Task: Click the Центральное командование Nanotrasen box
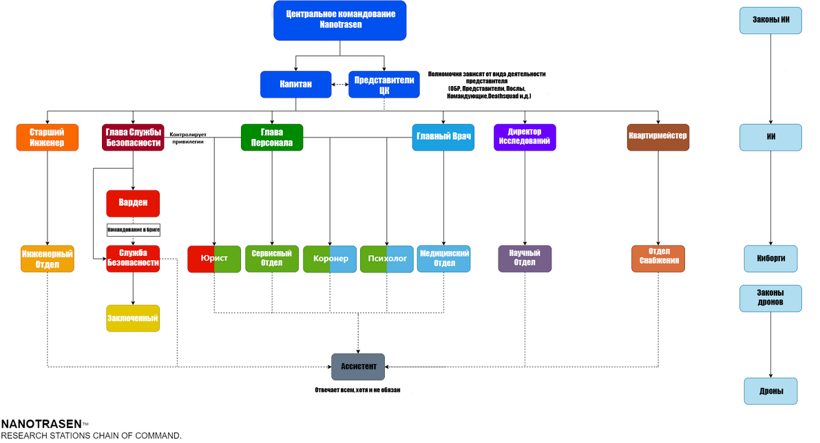click(340, 21)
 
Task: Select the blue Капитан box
click(295, 85)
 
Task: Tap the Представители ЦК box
click(384, 85)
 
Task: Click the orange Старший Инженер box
click(47, 138)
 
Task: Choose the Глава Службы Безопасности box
click(134, 138)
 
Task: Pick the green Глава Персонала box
click(272, 138)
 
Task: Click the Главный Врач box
click(443, 137)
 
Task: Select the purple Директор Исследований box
click(525, 137)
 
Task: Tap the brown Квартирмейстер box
click(658, 137)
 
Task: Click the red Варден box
click(133, 204)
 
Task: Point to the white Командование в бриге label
click(133, 230)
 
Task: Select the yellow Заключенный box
click(133, 318)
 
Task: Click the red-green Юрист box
click(214, 259)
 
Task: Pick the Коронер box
click(330, 259)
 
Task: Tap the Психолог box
click(387, 259)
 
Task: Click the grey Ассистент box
click(358, 367)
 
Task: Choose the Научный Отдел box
click(525, 258)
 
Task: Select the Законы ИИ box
click(770, 20)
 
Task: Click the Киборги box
click(770, 259)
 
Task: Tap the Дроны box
click(770, 391)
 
